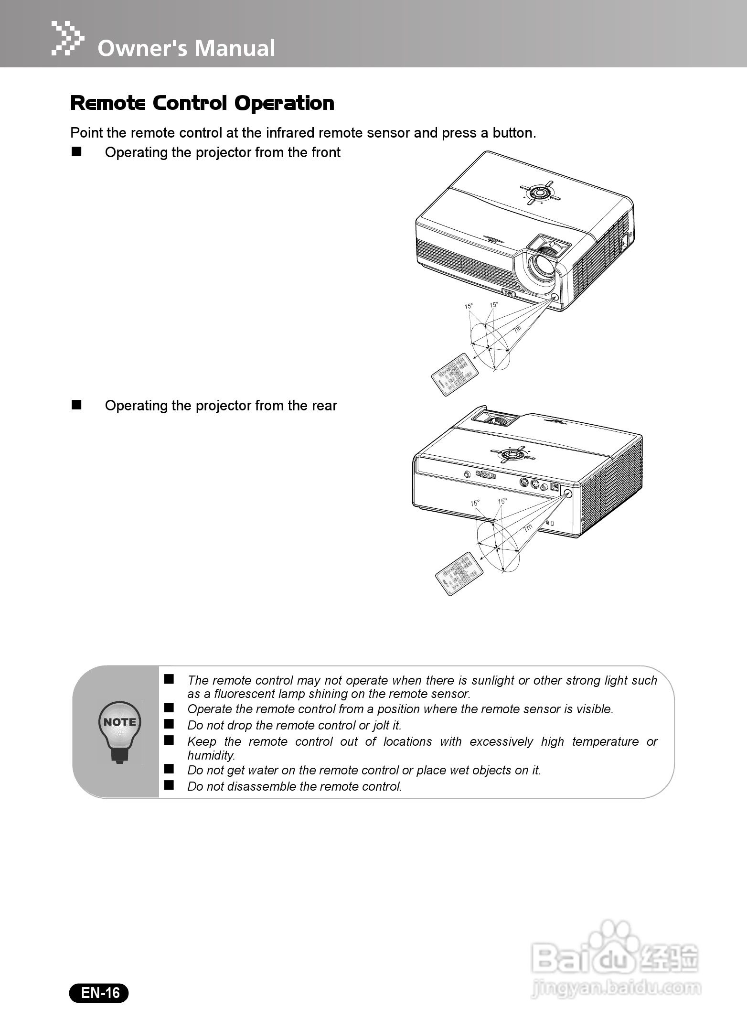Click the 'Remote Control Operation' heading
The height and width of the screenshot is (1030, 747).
tap(202, 103)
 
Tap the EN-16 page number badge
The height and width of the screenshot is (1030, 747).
tap(100, 992)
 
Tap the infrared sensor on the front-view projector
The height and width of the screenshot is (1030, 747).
tap(555, 297)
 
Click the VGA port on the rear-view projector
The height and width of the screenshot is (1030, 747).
tap(485, 475)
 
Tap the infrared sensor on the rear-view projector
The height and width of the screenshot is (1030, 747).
tap(568, 494)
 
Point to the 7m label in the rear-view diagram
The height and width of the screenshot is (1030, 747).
tap(527, 528)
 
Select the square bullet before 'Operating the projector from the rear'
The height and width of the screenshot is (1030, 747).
tap(76, 406)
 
